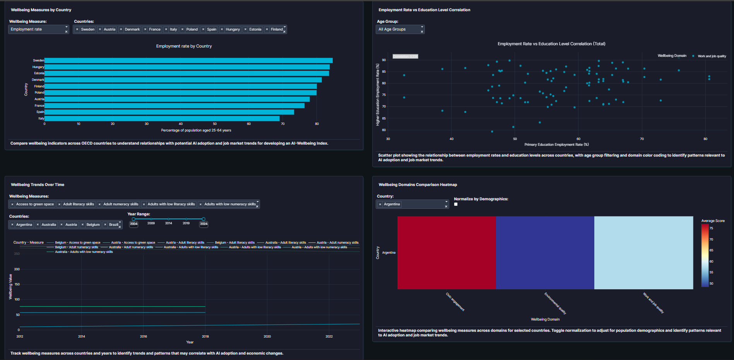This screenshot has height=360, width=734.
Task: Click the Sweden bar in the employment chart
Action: coord(188,60)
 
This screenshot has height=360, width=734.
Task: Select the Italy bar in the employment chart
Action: coord(162,118)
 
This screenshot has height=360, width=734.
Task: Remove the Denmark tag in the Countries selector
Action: coord(121,29)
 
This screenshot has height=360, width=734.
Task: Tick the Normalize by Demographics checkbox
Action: coord(456,204)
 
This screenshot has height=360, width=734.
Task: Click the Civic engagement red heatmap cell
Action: coord(447,253)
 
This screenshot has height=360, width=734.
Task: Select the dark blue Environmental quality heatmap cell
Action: coord(545,253)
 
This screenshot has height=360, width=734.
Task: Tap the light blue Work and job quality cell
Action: coord(643,253)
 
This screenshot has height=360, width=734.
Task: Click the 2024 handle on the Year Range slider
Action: coord(204,219)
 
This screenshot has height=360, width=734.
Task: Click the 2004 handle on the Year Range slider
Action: coord(133,219)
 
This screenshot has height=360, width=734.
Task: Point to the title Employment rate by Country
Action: coord(184,46)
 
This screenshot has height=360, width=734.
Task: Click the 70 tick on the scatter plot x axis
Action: coord(642,139)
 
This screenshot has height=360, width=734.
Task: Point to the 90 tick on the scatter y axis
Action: coord(384,60)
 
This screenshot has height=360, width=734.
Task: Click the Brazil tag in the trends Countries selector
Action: coord(113,225)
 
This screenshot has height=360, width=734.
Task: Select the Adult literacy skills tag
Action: coord(79,204)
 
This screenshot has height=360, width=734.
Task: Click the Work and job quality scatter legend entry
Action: coord(712,56)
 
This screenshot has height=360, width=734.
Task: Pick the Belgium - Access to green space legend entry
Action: coord(77,243)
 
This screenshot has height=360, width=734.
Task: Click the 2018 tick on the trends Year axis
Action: coord(205,336)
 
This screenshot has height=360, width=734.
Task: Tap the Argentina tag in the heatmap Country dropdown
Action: coord(392,204)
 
